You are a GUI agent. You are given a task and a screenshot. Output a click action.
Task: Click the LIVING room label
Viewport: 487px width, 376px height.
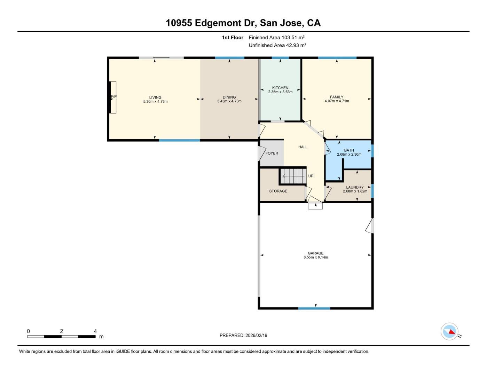click(155, 97)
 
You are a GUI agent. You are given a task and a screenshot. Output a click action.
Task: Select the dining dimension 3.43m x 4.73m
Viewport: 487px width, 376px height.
click(229, 101)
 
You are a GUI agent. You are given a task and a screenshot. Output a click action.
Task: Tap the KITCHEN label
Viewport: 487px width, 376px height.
click(280, 88)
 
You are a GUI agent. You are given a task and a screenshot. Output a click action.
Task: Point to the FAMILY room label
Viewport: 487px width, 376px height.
click(337, 97)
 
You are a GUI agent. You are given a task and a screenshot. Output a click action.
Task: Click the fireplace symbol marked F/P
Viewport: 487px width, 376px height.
click(113, 97)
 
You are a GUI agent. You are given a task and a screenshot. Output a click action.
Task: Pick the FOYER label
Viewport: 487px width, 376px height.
click(272, 153)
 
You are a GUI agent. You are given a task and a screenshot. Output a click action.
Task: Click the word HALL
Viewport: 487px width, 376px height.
click(303, 147)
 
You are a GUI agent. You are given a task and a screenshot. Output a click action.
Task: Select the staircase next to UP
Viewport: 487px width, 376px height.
click(293, 176)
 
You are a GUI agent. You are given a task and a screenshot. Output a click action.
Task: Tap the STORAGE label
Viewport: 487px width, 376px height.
click(278, 191)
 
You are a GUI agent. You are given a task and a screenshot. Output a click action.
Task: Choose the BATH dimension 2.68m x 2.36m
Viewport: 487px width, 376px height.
click(349, 154)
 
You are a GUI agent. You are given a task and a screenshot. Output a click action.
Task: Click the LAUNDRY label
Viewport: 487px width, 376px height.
click(355, 187)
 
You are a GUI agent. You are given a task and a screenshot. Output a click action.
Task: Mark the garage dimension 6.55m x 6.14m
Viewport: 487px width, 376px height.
click(315, 257)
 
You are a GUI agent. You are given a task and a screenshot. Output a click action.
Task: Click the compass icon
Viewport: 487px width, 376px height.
click(449, 331)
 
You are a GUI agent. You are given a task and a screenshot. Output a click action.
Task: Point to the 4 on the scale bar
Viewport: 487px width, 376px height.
click(95, 331)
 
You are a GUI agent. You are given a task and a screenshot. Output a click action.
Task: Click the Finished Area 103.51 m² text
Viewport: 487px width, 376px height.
click(277, 37)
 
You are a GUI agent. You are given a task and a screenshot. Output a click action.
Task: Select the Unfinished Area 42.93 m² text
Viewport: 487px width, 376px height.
click(277, 45)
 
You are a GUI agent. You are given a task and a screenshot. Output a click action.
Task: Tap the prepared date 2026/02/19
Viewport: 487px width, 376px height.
click(256, 335)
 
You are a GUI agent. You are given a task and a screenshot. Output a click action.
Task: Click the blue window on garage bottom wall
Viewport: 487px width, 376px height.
click(314, 308)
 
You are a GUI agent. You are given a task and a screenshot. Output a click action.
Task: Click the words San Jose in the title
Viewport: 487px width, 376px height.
click(282, 23)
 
